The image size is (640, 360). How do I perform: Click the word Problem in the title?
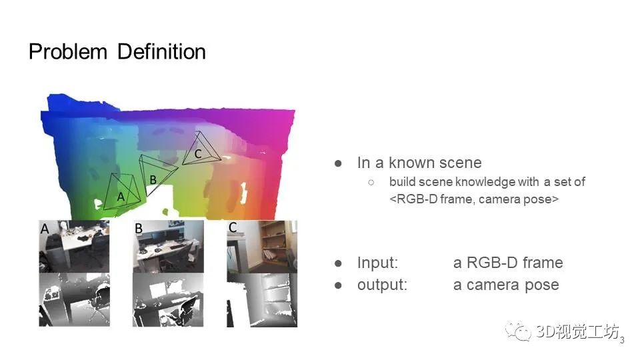68,52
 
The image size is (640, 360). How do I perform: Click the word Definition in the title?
161,52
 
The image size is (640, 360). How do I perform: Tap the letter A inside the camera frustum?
121,197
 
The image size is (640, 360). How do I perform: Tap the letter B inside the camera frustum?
153,179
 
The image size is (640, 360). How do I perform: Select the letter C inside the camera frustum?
198,154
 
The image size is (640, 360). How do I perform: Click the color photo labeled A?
74,247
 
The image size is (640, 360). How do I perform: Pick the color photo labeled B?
168,247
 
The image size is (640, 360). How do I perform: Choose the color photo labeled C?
262,247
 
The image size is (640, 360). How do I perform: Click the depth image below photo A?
74,300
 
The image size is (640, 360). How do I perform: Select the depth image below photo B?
168,300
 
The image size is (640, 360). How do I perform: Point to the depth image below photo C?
262,300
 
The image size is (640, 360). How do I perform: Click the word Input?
377,263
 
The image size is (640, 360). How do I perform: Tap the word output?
383,285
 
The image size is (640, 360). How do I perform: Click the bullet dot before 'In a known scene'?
338,164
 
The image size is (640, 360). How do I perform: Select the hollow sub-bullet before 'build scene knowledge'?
371,183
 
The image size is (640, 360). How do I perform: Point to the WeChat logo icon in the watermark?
519,331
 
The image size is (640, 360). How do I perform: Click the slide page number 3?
622,340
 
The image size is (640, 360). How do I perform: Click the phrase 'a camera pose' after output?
506,285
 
